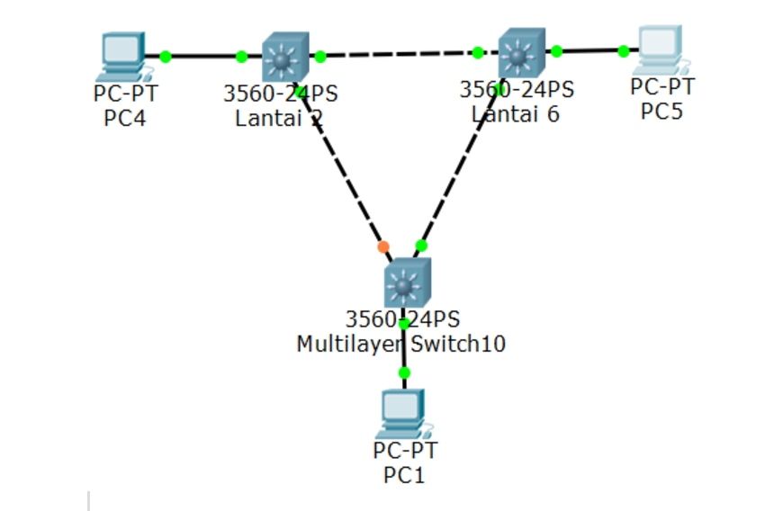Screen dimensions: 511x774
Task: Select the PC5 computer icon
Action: pyautogui.click(x=660, y=49)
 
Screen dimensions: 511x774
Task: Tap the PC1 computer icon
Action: pyautogui.click(x=403, y=413)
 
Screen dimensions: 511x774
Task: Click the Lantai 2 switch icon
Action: pyautogui.click(x=285, y=58)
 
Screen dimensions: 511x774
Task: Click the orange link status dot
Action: pyautogui.click(x=383, y=247)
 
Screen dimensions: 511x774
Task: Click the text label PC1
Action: pyautogui.click(x=404, y=474)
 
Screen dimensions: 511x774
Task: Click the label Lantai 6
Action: pyautogui.click(x=515, y=114)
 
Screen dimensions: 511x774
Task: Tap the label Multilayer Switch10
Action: pyautogui.click(x=400, y=344)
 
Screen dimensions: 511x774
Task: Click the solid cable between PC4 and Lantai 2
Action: pyautogui.click(x=203, y=57)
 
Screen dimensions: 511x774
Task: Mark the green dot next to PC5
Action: pyautogui.click(x=624, y=51)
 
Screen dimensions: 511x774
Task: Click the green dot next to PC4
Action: pyautogui.click(x=166, y=57)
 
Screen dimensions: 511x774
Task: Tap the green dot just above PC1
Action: pyautogui.click(x=404, y=372)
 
